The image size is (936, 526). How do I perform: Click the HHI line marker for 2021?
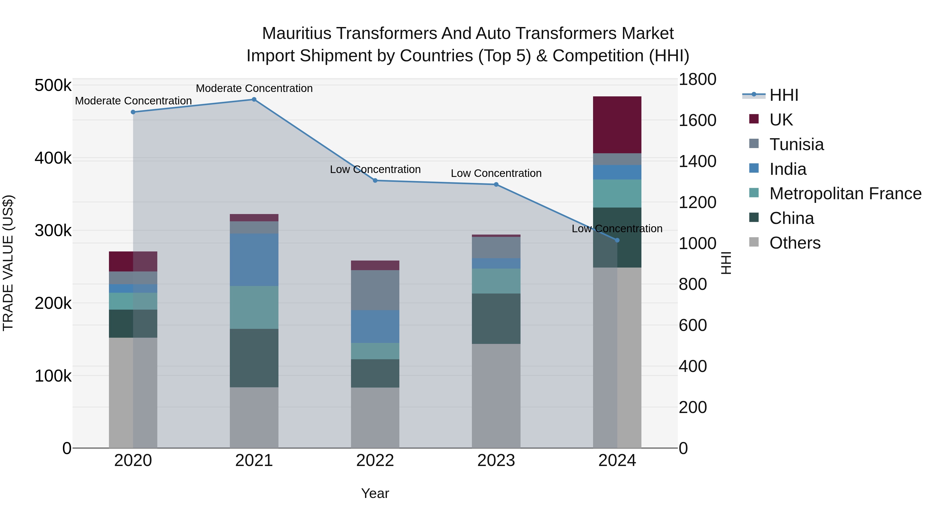254,99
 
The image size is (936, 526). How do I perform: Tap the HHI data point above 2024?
617,240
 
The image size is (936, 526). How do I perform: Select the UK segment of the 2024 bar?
617,125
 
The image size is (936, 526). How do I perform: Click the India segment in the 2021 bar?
254,260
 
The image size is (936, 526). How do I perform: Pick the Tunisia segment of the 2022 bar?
375,290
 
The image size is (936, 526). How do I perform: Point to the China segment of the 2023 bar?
496,319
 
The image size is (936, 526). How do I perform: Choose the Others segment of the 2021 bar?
254,417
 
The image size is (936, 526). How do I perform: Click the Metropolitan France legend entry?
845,194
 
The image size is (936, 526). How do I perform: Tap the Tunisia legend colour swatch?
754,144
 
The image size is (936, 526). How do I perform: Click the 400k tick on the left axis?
53,159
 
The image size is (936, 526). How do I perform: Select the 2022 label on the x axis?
375,461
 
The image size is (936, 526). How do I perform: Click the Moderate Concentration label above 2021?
254,88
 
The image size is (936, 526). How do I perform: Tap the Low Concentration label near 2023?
496,174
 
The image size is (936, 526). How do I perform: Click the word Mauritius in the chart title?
296,34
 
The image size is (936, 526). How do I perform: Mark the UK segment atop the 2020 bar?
133,261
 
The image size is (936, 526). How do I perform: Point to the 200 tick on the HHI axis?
693,407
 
